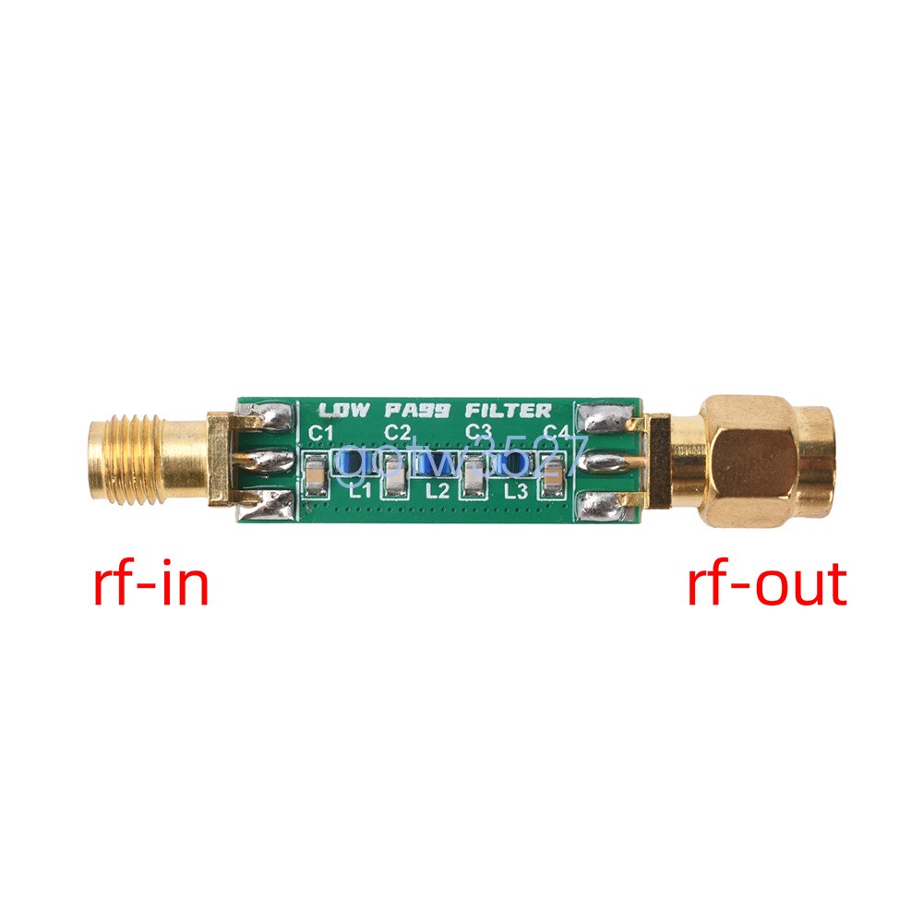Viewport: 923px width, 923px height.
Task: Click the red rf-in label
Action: (150, 584)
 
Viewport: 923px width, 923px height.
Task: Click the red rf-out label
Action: (766, 584)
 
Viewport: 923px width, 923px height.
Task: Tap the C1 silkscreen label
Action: (320, 433)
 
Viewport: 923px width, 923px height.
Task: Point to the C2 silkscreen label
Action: (398, 432)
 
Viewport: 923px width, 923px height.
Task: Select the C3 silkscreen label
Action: (477, 432)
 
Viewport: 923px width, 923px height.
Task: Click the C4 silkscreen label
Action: (556, 433)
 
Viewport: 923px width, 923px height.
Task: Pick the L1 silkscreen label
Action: (360, 490)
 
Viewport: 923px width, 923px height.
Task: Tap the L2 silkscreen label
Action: (438, 490)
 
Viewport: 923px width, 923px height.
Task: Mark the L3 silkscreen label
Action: (516, 490)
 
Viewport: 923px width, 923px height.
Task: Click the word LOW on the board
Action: (343, 411)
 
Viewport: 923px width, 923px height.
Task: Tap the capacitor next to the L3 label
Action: (552, 474)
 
